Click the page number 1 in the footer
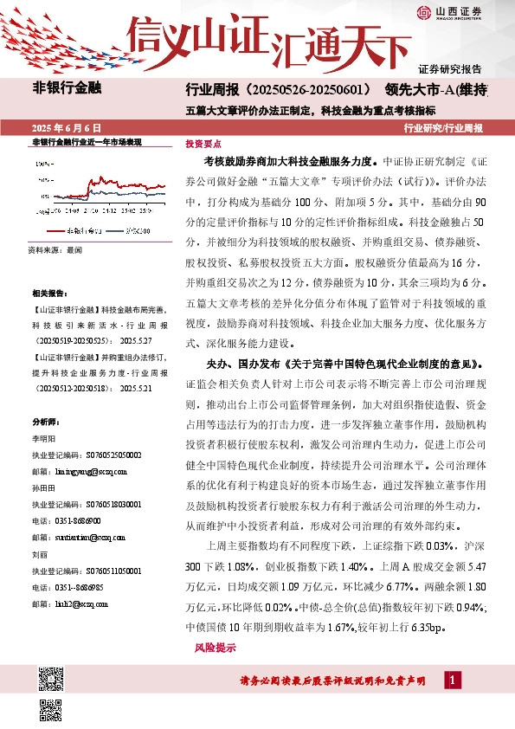[452, 681]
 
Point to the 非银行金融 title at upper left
[67, 88]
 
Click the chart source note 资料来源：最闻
[55, 250]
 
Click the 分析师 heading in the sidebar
[44, 422]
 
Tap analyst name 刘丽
[40, 552]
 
